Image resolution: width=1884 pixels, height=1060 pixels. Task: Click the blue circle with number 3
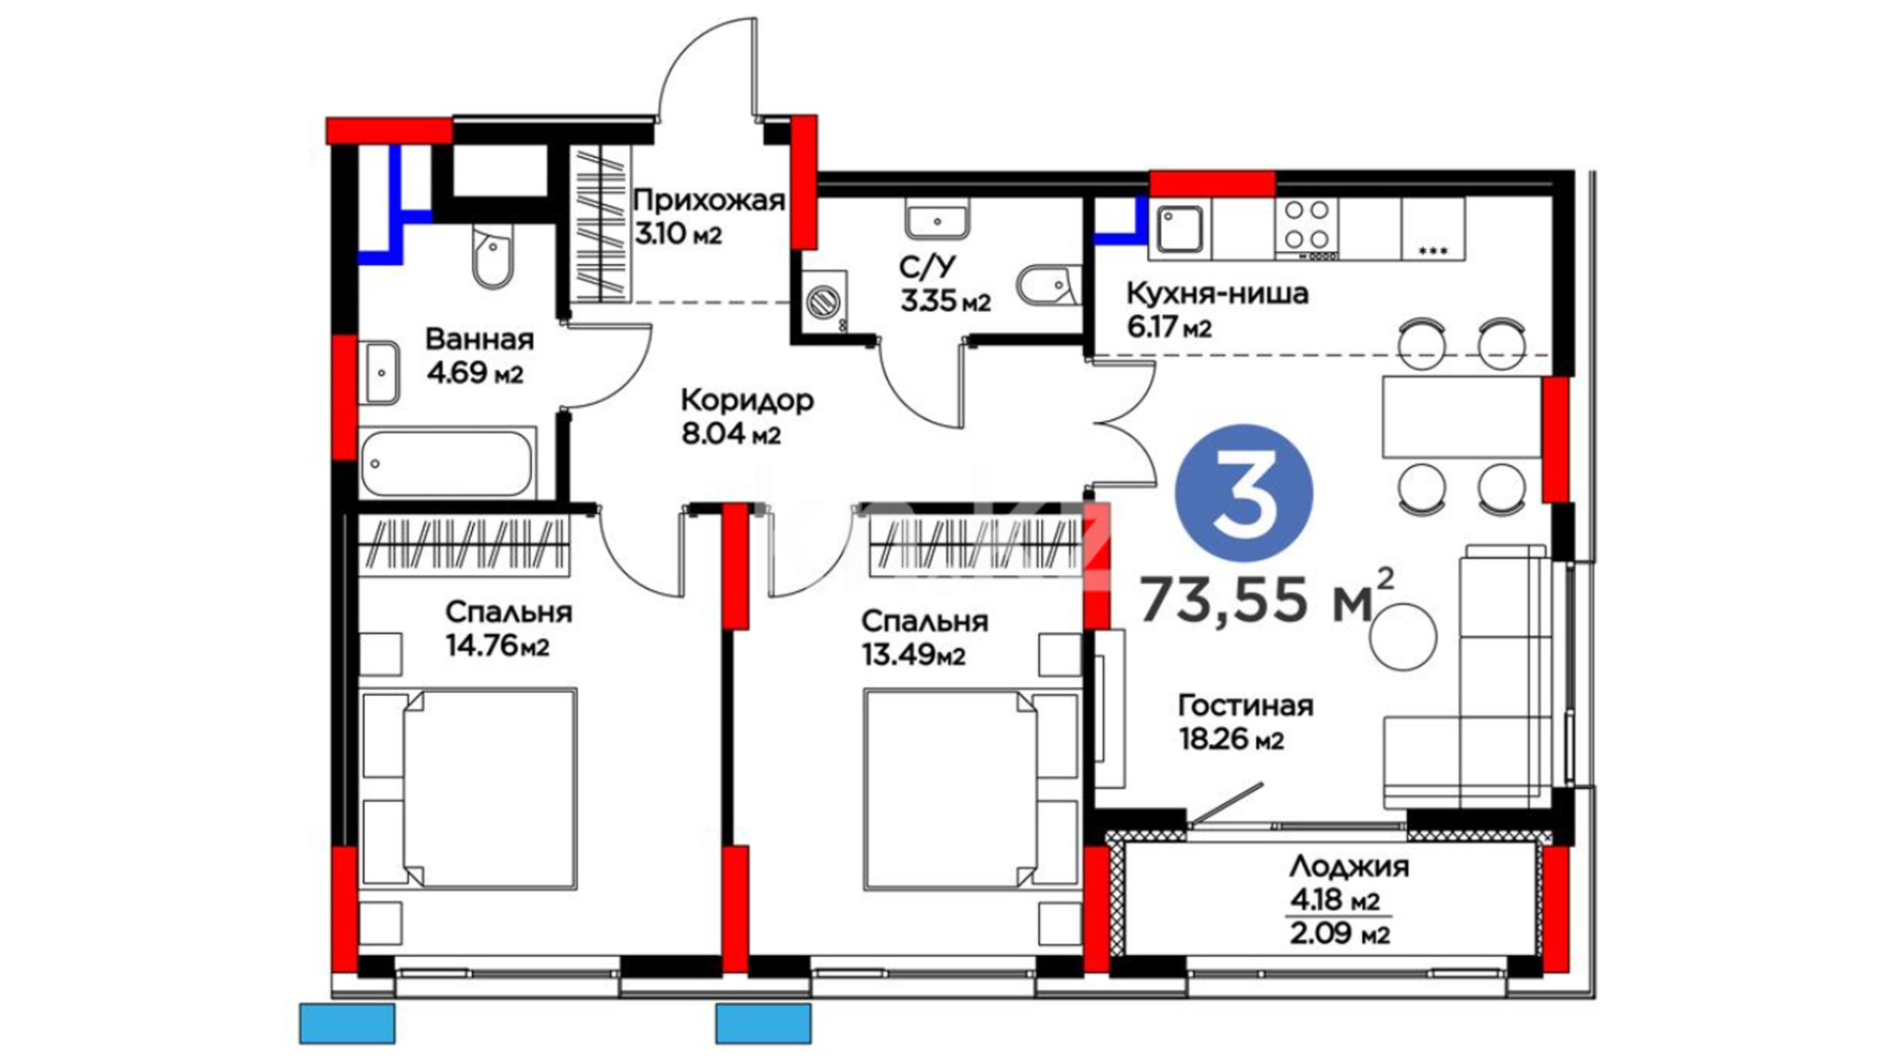click(1244, 494)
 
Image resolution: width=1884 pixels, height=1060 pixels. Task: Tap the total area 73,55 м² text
click(1267, 597)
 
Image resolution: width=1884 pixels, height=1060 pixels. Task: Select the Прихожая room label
click(708, 200)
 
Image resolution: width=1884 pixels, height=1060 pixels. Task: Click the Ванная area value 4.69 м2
click(475, 373)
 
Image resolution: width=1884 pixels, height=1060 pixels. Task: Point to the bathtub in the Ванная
click(446, 462)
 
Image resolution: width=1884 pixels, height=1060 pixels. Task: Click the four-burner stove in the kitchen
click(1307, 228)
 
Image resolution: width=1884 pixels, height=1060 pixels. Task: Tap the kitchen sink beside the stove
click(1179, 230)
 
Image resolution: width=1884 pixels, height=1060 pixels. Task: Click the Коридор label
click(747, 400)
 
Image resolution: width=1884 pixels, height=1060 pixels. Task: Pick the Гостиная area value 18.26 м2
click(1230, 738)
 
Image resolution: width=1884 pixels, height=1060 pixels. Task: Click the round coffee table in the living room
click(1404, 637)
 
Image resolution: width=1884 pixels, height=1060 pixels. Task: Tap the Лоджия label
click(1349, 867)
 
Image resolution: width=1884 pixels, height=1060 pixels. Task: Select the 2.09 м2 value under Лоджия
click(1340, 933)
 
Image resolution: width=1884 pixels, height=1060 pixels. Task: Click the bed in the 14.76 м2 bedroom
click(468, 789)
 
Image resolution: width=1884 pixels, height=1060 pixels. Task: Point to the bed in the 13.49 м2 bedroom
click(969, 789)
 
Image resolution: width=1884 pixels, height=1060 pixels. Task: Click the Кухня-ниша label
click(1217, 293)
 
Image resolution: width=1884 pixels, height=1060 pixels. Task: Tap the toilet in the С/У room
click(1048, 286)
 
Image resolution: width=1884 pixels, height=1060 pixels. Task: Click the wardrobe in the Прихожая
click(601, 224)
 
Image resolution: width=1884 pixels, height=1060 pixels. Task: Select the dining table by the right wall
click(1462, 416)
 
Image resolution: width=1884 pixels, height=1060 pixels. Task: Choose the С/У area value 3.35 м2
click(945, 301)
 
